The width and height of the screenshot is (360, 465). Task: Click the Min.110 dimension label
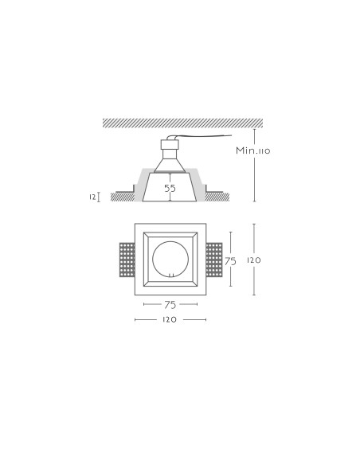coord(253,150)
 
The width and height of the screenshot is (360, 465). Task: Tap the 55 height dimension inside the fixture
coord(170,188)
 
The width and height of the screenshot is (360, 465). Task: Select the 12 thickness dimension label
coord(92,197)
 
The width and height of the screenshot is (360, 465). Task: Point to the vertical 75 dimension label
coord(230,261)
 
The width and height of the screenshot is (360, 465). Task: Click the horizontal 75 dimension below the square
coord(170,305)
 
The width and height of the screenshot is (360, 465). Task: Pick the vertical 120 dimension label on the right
coord(254,260)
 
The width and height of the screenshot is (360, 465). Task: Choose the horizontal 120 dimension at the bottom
coord(170,320)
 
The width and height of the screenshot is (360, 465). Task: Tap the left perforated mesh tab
coord(127,260)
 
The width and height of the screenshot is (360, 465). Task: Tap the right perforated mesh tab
coord(214,260)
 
